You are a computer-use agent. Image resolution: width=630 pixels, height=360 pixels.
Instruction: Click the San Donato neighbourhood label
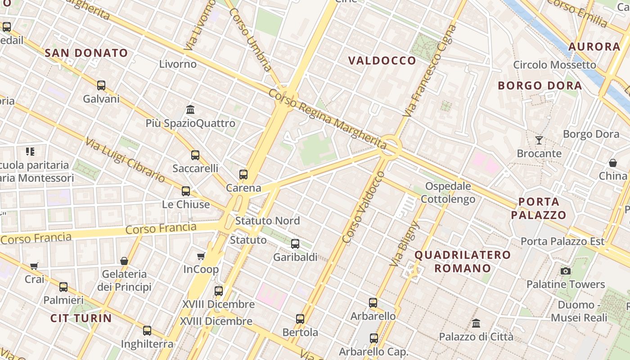(x=86, y=53)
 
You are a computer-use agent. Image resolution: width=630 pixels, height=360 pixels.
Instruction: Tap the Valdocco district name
(x=382, y=60)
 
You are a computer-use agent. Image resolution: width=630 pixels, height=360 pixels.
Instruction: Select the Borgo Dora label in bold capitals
(x=540, y=85)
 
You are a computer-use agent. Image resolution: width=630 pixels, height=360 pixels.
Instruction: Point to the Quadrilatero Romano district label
(x=462, y=261)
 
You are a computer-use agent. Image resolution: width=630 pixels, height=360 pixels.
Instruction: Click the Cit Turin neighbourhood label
(x=81, y=318)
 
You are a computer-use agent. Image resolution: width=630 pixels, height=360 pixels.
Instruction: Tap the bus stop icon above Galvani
(x=101, y=85)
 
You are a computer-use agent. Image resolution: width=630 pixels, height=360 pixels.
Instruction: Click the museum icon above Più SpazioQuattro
(x=190, y=109)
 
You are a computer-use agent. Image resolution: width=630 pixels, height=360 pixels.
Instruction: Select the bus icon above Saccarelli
(x=195, y=155)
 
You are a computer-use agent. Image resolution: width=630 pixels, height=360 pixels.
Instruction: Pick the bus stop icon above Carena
(x=243, y=174)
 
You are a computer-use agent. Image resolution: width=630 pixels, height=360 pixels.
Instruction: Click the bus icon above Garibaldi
(x=295, y=243)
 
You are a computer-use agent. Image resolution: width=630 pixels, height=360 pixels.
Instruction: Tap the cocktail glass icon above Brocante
(x=539, y=140)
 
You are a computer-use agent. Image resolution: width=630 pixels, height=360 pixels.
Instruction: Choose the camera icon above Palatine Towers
(x=566, y=271)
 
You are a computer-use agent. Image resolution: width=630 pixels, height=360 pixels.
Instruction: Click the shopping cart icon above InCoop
(x=201, y=256)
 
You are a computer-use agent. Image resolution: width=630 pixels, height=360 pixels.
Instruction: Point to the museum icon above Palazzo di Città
(x=476, y=323)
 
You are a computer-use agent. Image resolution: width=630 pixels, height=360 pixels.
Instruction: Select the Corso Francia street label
(x=161, y=228)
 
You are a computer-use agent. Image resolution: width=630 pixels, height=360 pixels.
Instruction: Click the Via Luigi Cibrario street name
(x=125, y=159)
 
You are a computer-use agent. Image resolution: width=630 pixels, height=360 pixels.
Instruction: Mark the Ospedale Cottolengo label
(x=448, y=192)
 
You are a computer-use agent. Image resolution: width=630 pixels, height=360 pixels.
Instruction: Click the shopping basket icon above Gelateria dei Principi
(x=124, y=261)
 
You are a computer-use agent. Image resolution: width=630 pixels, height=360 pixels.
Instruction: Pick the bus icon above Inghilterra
(x=147, y=331)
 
